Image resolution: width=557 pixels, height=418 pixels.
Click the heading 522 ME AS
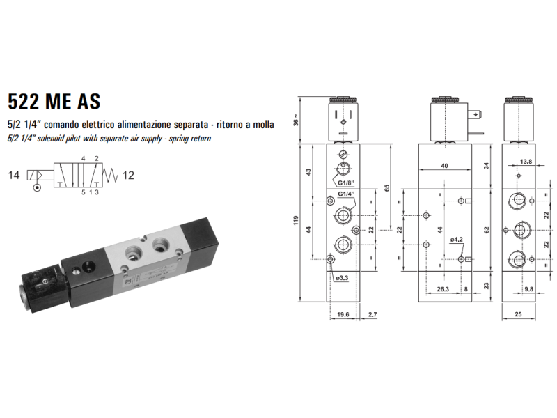click(x=54, y=101)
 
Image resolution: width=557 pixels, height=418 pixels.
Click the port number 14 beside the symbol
click(x=14, y=175)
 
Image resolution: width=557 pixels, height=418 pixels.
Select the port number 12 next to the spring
click(x=128, y=176)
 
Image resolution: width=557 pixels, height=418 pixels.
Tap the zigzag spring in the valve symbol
click(x=110, y=175)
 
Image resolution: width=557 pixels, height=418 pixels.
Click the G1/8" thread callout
click(x=345, y=183)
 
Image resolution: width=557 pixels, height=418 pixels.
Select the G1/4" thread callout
click(x=346, y=194)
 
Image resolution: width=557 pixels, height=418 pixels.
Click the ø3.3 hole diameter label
click(x=342, y=278)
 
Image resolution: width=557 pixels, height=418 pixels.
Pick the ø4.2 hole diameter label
click(x=457, y=240)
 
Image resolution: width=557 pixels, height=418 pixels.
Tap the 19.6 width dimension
click(x=343, y=314)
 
